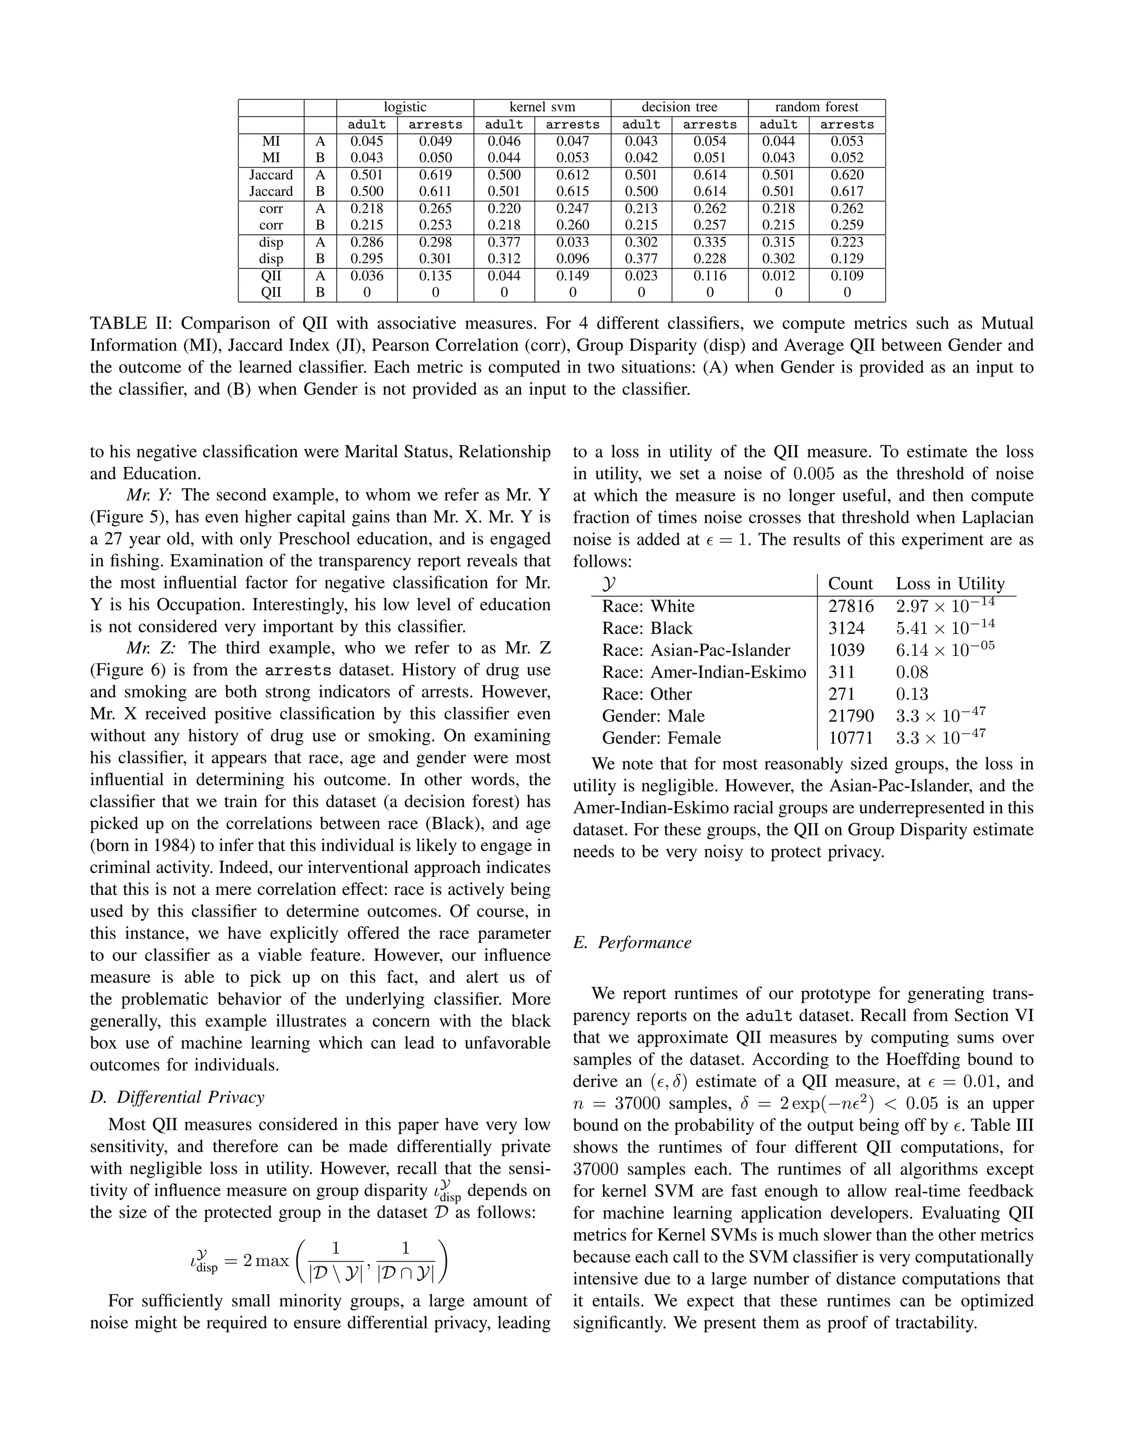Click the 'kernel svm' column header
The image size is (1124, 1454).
[542, 107]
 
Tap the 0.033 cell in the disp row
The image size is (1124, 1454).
[572, 243]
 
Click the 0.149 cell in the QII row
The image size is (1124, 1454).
[572, 275]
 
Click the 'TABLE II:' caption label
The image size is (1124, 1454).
[131, 324]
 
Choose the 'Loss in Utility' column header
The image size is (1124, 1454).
[949, 584]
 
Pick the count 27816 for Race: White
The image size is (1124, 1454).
[850, 606]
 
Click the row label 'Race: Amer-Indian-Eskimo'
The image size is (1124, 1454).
[704, 672]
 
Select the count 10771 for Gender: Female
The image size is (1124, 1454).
[850, 737]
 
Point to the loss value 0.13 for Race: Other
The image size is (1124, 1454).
[912, 694]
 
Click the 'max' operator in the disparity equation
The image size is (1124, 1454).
[274, 1260]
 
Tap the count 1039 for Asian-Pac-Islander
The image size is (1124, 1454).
[846, 650]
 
